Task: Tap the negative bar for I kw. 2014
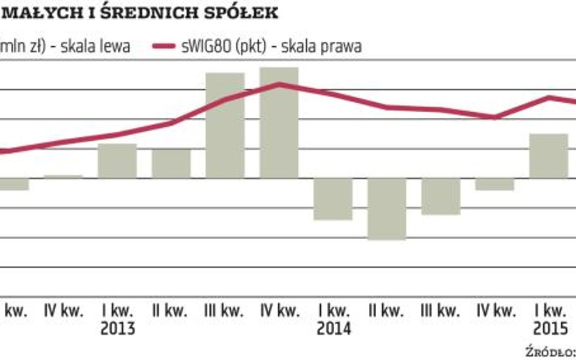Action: pos(333,199)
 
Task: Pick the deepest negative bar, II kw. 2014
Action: pos(387,209)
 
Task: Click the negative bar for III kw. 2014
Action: pos(441,197)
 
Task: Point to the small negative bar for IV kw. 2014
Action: pos(495,185)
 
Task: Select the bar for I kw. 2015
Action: pos(549,156)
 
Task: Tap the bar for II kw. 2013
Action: pos(171,164)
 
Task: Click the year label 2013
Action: pos(117,329)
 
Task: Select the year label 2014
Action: pos(333,329)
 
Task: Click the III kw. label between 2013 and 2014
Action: pos(225,311)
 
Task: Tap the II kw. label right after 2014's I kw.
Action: pos(387,311)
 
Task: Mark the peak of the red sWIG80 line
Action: pos(279,83)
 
